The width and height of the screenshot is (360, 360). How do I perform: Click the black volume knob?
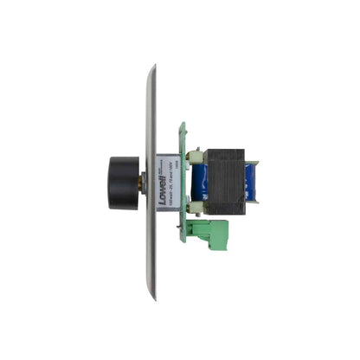125,180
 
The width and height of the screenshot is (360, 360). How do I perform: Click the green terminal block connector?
211,231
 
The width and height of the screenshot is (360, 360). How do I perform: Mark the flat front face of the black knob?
113,180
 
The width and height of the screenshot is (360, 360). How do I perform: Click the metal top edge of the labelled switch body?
170,155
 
